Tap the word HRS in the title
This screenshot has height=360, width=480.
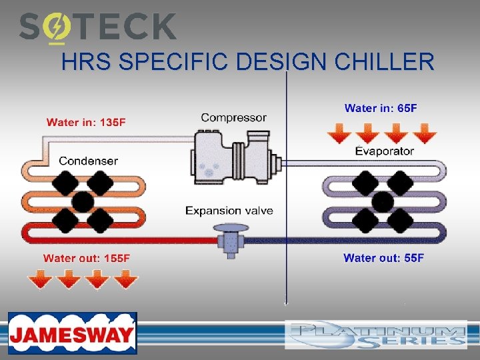81,63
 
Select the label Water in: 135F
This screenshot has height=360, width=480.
86,122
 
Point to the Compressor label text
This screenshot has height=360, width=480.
233,117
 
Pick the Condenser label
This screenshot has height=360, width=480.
88,161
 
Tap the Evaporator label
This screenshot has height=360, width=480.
384,151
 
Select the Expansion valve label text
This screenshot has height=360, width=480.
229,211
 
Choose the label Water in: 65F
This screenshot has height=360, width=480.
381,108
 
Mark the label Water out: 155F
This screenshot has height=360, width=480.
87,258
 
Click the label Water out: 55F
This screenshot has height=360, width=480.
383,258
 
